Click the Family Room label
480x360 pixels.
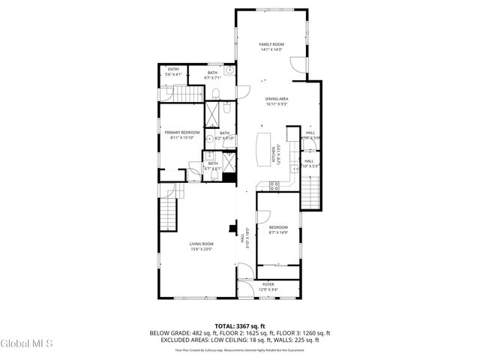point(271,45)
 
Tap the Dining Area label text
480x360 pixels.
point(277,99)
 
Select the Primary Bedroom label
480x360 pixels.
point(182,133)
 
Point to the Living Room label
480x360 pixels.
point(201,244)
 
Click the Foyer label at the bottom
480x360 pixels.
point(268,284)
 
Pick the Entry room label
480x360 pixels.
point(173,69)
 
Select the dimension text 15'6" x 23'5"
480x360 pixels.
point(201,249)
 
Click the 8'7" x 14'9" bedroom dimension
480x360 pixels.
point(278,232)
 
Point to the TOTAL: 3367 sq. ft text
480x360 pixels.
point(239,326)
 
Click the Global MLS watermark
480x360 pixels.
point(26,344)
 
